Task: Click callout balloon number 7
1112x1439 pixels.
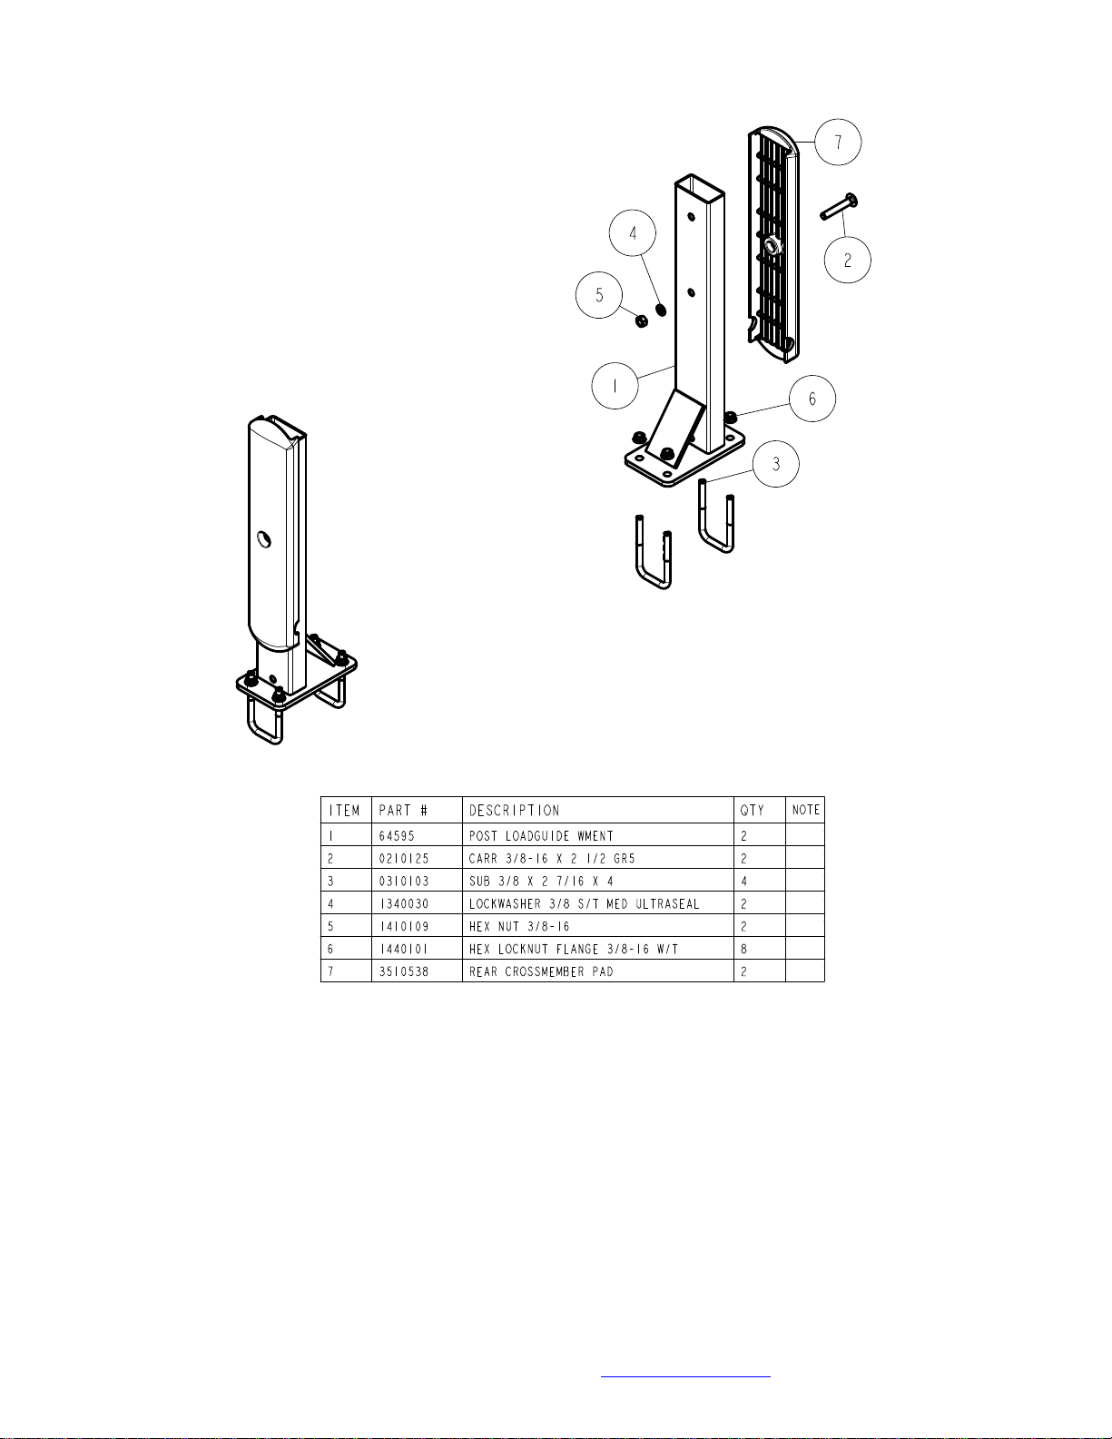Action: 837,142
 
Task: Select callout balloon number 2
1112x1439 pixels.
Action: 847,260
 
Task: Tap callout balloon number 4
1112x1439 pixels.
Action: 633,233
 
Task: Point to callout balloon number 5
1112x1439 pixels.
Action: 599,295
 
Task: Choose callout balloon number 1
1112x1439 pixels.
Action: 615,386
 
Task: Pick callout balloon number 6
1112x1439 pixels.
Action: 812,398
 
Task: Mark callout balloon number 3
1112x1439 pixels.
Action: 775,463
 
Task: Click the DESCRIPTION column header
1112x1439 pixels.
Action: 515,811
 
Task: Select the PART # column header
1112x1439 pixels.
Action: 403,811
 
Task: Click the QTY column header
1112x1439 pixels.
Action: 753,811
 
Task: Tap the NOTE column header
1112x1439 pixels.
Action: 805,811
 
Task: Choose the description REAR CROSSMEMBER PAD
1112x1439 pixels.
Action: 541,971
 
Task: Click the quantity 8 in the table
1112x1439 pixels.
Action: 744,949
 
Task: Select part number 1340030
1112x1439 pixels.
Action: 403,903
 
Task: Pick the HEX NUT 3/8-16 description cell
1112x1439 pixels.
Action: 519,926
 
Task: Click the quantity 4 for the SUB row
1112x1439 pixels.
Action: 744,881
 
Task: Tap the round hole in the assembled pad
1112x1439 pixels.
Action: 263,540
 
